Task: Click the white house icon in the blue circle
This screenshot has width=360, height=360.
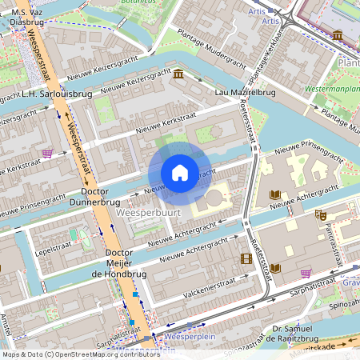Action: (180, 173)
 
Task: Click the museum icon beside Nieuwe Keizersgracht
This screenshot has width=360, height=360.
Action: (177, 74)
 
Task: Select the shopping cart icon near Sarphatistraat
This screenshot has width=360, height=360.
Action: (306, 273)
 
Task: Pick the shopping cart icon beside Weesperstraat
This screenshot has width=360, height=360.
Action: (47, 153)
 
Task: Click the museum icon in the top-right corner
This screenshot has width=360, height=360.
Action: (338, 35)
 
